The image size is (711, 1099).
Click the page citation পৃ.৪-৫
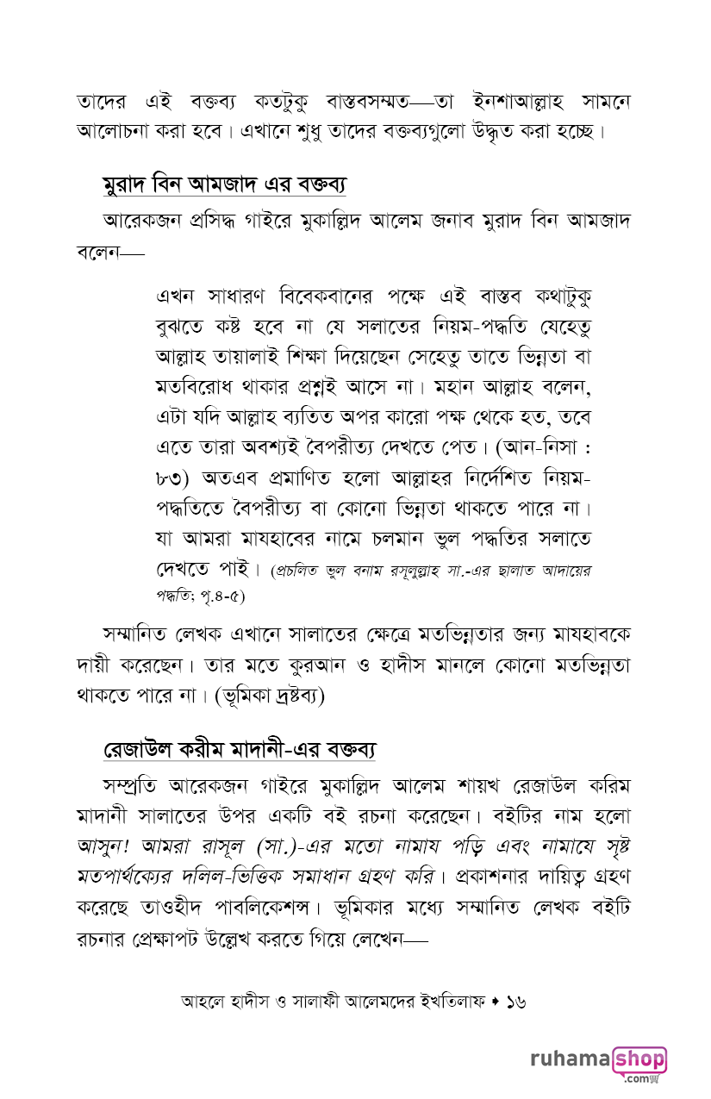(222, 595)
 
